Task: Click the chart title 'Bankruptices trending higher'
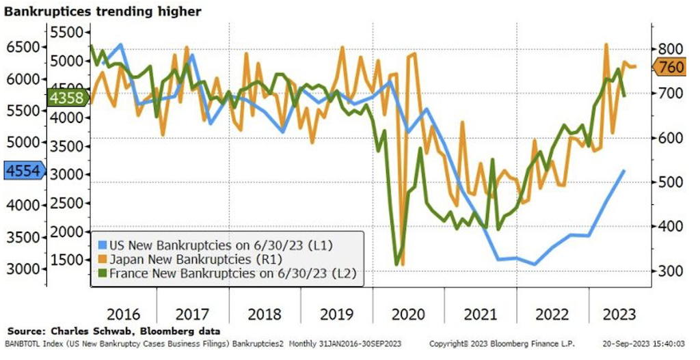click(103, 12)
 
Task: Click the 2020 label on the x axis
click(409, 315)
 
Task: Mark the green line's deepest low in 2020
click(396, 264)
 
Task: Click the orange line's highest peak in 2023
click(606, 44)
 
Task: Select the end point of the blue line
click(623, 170)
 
